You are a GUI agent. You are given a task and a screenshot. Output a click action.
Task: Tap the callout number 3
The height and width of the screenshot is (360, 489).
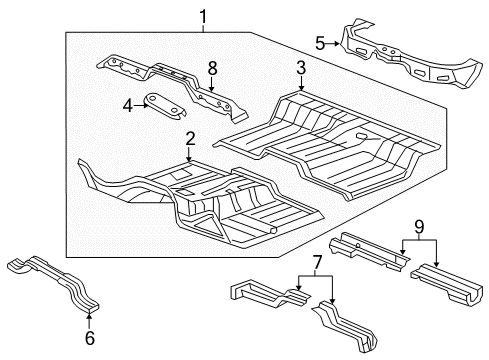[x=299, y=68]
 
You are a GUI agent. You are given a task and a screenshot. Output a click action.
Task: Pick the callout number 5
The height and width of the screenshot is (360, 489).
[x=320, y=43]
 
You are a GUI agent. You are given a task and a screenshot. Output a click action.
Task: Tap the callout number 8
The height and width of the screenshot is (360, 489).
[x=211, y=68]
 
